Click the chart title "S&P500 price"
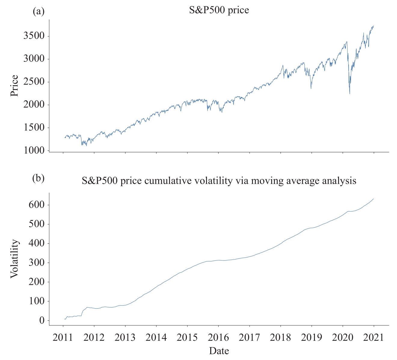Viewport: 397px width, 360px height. tap(219, 10)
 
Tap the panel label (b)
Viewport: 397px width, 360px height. tap(38, 178)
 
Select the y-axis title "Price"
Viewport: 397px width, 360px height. tap(14, 86)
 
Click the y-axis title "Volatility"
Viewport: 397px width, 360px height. tap(14, 259)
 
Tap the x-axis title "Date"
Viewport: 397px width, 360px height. tap(219, 351)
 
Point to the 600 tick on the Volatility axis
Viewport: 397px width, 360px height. tap(37, 205)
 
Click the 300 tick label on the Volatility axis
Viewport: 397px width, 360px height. tap(37, 263)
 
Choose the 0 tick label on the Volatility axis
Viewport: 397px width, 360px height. tap(42, 321)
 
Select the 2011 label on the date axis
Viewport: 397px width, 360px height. tap(63, 337)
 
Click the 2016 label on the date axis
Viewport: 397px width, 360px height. tap(218, 337)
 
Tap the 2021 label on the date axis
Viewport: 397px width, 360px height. tap(374, 337)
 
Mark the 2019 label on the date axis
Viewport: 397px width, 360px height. tap(312, 337)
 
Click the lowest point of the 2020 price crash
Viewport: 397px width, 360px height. tap(349, 94)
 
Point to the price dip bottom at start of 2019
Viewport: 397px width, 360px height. tap(311, 88)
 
